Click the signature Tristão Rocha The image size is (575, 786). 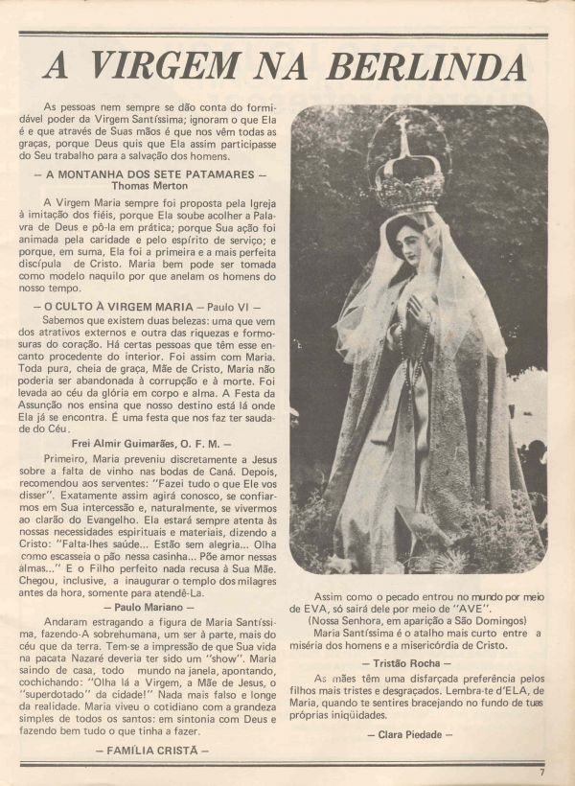[418, 663]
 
